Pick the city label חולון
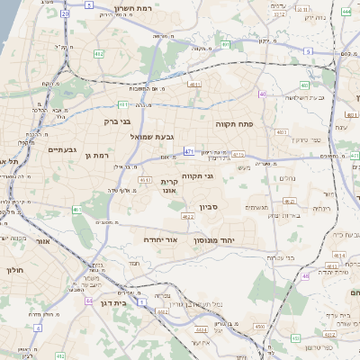click(15, 269)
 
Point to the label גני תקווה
click(196, 176)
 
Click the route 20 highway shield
click(65, 14)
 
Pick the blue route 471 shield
click(189, 151)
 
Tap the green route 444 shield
click(346, 13)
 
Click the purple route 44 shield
click(88, 301)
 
